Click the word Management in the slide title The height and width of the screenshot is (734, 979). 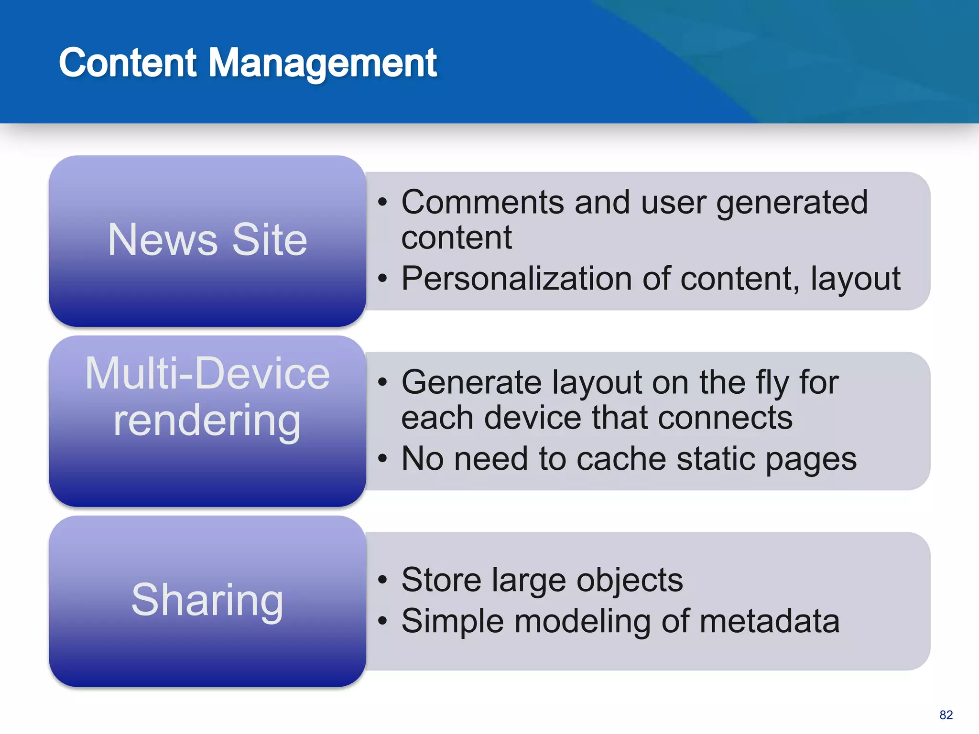coord(323,64)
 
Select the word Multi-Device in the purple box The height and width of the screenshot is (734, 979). coord(207,373)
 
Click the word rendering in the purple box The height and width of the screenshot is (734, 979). coord(207,421)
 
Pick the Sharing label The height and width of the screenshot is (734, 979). coord(207,600)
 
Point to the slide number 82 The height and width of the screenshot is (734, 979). coord(946,715)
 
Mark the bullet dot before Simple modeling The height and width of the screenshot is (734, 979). coord(382,621)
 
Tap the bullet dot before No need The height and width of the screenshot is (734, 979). coord(382,459)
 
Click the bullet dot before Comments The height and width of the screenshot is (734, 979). coord(382,202)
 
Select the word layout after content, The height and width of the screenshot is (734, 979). coord(855,279)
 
